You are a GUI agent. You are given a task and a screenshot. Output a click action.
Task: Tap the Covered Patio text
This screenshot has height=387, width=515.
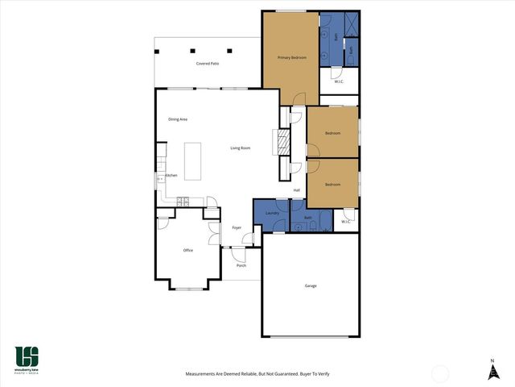tap(208, 63)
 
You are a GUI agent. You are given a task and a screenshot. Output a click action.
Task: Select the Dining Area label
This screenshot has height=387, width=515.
tap(178, 119)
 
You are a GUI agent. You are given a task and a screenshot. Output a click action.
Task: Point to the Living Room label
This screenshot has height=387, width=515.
tap(241, 148)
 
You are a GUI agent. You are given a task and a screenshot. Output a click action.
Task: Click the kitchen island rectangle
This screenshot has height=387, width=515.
tap(192, 161)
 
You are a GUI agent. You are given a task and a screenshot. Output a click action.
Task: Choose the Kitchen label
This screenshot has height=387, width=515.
tap(171, 176)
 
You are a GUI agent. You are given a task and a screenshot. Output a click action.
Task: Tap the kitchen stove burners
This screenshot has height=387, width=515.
tap(183, 201)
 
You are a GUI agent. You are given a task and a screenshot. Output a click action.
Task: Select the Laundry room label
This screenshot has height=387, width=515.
tap(272, 213)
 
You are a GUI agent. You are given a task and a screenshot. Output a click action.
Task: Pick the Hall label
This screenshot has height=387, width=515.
tap(296, 190)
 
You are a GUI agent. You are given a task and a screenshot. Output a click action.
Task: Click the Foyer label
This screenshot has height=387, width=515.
tap(237, 228)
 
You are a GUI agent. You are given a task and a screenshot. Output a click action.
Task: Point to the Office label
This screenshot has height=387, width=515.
tap(188, 250)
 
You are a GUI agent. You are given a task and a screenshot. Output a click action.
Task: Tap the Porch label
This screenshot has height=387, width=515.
tap(241, 265)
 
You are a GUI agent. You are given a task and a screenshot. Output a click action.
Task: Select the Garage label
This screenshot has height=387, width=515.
tap(310, 286)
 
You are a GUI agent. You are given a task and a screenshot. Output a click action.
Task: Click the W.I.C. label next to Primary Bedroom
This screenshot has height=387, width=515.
tap(339, 80)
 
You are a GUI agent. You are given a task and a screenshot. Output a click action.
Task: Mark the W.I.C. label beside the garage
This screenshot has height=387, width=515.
tap(345, 222)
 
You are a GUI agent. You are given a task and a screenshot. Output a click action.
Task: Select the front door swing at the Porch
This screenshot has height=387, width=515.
tap(238, 255)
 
